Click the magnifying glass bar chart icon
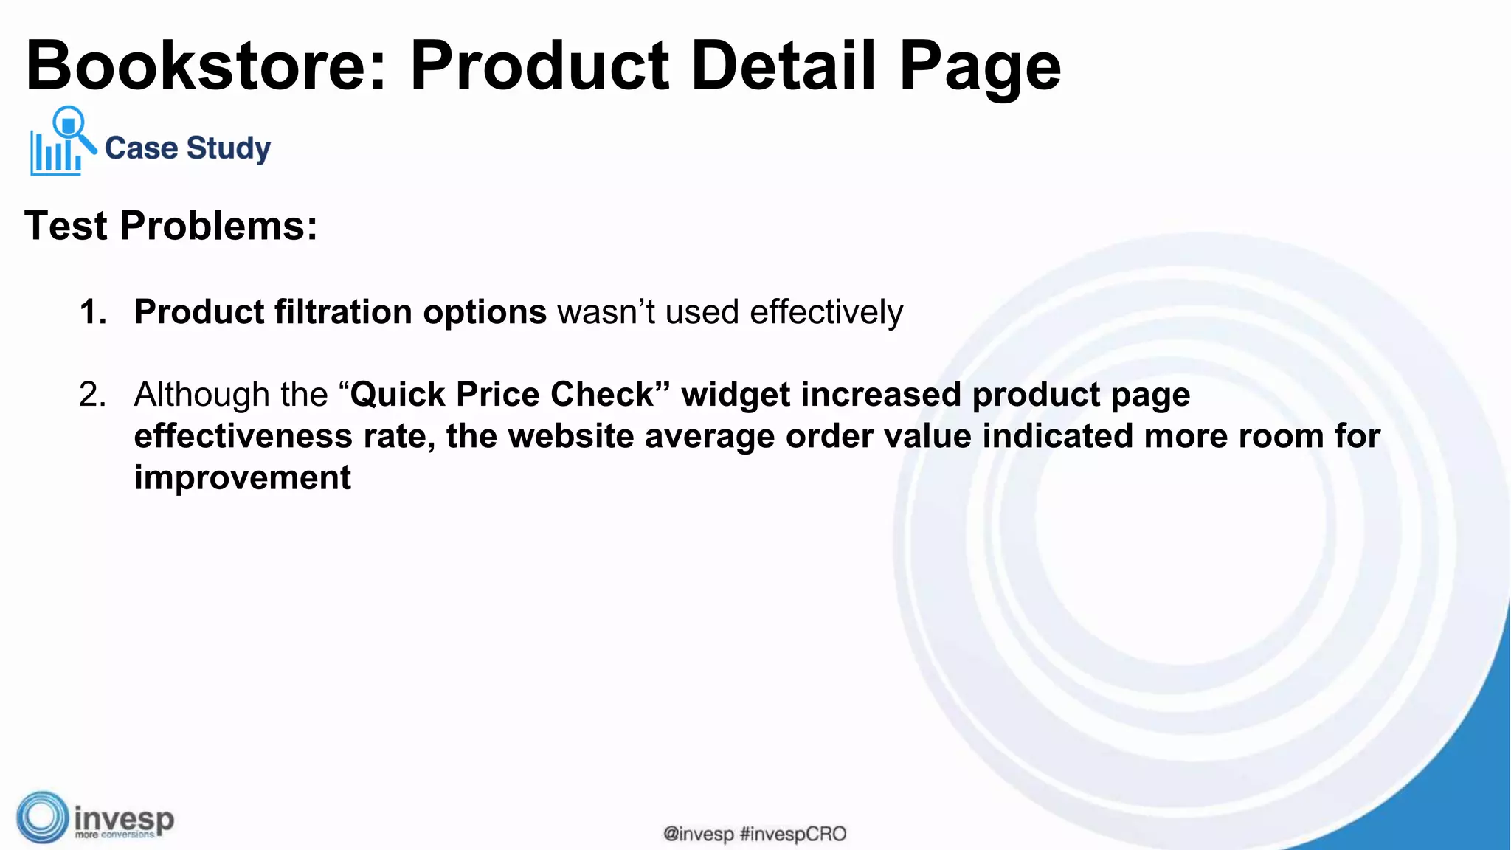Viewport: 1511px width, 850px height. (x=62, y=142)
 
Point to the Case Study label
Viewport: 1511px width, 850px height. (x=187, y=148)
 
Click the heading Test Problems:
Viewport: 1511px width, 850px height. (x=171, y=226)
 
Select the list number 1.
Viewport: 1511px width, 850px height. (x=92, y=312)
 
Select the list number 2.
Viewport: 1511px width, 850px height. (x=92, y=395)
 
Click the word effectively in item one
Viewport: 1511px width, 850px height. (x=826, y=312)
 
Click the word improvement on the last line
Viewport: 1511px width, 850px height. (x=242, y=478)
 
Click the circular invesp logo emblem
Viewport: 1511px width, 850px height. (x=43, y=818)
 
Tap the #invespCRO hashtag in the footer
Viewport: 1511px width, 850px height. (x=792, y=835)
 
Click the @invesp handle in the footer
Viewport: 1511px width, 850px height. (x=698, y=835)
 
